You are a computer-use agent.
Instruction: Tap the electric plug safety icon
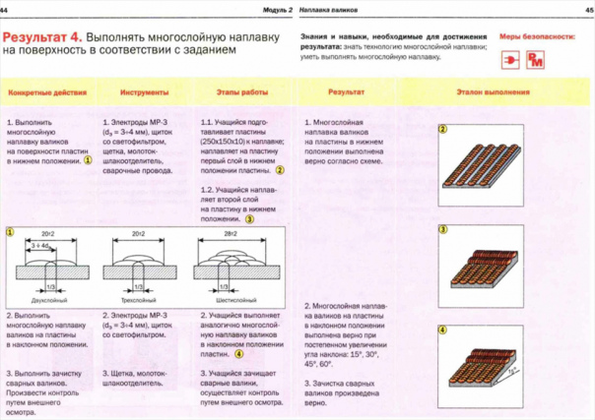point(511,61)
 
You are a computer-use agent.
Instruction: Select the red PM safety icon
point(536,61)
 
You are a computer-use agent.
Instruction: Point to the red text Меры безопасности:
point(536,34)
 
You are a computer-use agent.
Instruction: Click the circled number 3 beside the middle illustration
point(443,230)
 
